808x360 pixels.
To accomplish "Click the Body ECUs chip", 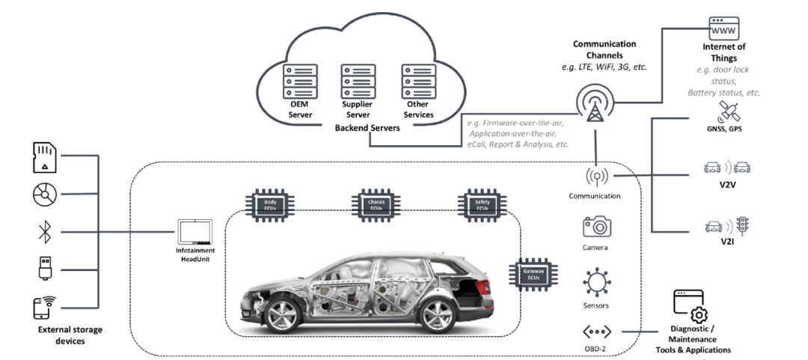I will [x=269, y=204].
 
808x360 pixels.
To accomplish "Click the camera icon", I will [x=597, y=227].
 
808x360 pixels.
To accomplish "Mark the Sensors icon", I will [x=597, y=284].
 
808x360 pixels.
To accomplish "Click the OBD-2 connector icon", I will [x=596, y=331].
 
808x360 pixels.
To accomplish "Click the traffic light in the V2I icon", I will [x=744, y=224].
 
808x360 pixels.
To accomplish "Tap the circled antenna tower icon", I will [x=596, y=103].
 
